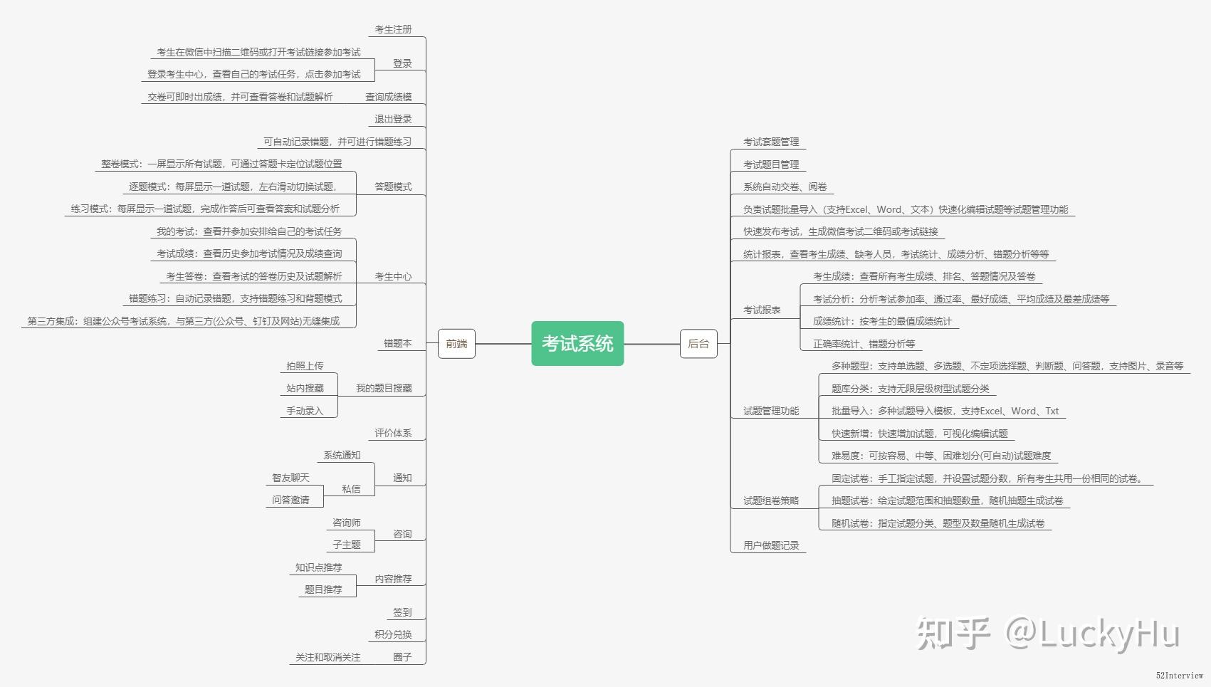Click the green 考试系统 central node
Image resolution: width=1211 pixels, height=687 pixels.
[x=577, y=344]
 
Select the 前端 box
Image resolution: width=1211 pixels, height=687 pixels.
[x=456, y=344]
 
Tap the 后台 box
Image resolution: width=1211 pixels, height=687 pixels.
[x=698, y=344]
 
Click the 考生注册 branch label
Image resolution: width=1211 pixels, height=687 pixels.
[x=393, y=29]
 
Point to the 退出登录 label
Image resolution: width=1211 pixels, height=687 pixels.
[x=393, y=119]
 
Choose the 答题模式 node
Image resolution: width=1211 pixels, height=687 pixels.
[x=393, y=187]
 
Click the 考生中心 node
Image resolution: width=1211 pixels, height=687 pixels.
[x=393, y=276]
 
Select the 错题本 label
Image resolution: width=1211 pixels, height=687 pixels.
[x=397, y=343]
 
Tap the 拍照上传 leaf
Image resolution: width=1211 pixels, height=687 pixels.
[x=305, y=366]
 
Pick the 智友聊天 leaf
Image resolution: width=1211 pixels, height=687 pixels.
[x=290, y=478]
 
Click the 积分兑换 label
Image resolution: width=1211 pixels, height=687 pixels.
[x=393, y=634]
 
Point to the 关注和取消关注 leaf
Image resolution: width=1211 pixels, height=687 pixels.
[x=327, y=657]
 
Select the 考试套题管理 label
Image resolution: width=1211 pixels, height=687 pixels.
[x=771, y=142]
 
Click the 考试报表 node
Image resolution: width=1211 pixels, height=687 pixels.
[x=762, y=310]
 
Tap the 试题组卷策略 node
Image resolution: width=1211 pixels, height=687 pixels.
[x=771, y=500]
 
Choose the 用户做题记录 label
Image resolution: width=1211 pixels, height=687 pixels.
[x=771, y=545]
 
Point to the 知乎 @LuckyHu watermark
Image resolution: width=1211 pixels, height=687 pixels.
[x=1047, y=633]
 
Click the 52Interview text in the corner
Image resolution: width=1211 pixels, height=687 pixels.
[x=1179, y=676]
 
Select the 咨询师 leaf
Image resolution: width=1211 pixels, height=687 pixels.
[x=347, y=523]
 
